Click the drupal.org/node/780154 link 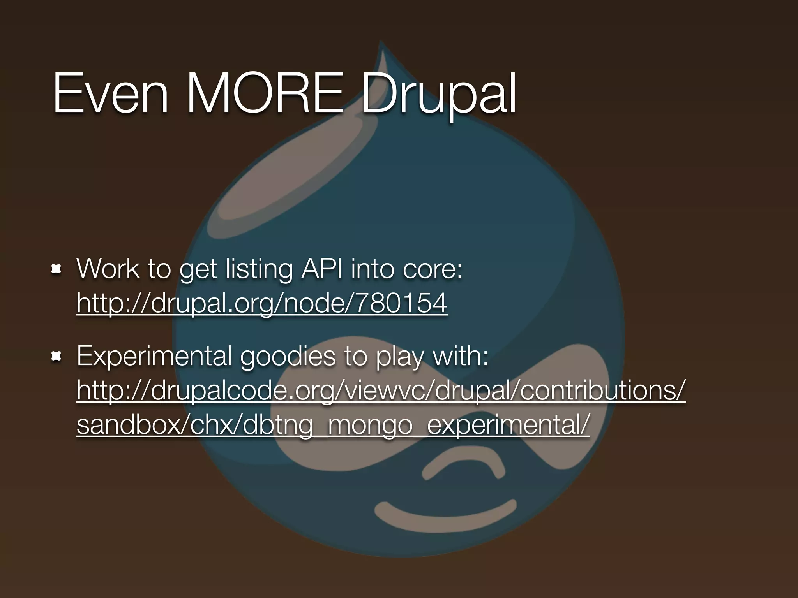262,303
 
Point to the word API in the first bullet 322,269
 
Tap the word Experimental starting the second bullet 154,356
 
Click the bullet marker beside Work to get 57,269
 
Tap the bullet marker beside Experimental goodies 57,356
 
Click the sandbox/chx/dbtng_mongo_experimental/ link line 333,425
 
